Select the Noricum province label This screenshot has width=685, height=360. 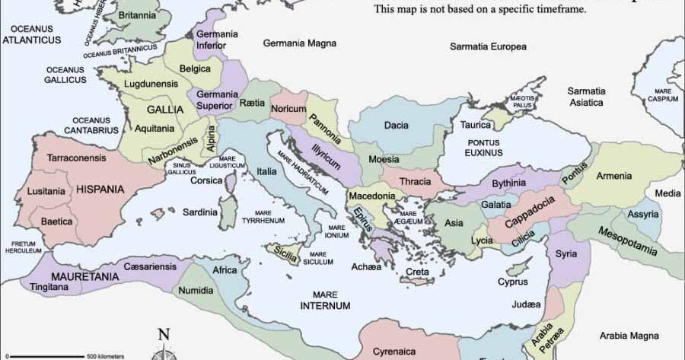288,109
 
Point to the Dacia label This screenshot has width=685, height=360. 396,126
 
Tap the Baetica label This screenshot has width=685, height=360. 57,221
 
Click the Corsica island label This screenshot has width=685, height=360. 206,180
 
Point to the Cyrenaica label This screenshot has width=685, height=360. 393,352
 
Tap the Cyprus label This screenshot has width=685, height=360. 512,282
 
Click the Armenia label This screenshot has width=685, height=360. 613,177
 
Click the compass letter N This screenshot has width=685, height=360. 163,334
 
